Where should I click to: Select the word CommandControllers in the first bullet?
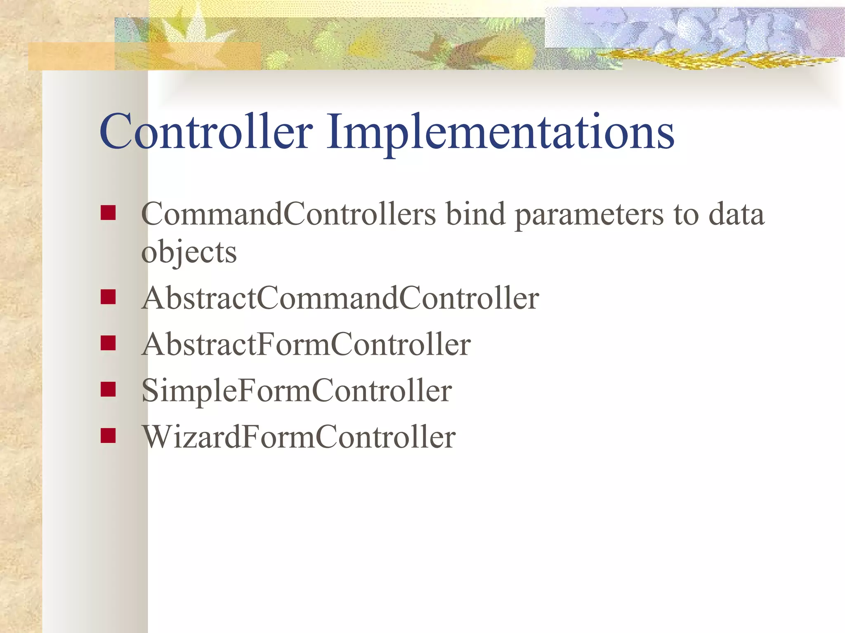288,214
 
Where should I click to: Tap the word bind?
476,214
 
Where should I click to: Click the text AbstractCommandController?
340,298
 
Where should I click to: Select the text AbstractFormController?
306,344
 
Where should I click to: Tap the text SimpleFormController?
296,391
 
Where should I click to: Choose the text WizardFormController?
299,437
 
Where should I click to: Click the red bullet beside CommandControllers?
108,213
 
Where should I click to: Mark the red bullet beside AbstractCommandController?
108,297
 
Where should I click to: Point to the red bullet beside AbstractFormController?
108,343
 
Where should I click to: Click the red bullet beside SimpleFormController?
108,389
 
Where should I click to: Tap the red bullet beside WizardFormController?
108,435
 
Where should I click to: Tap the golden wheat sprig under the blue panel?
701,60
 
